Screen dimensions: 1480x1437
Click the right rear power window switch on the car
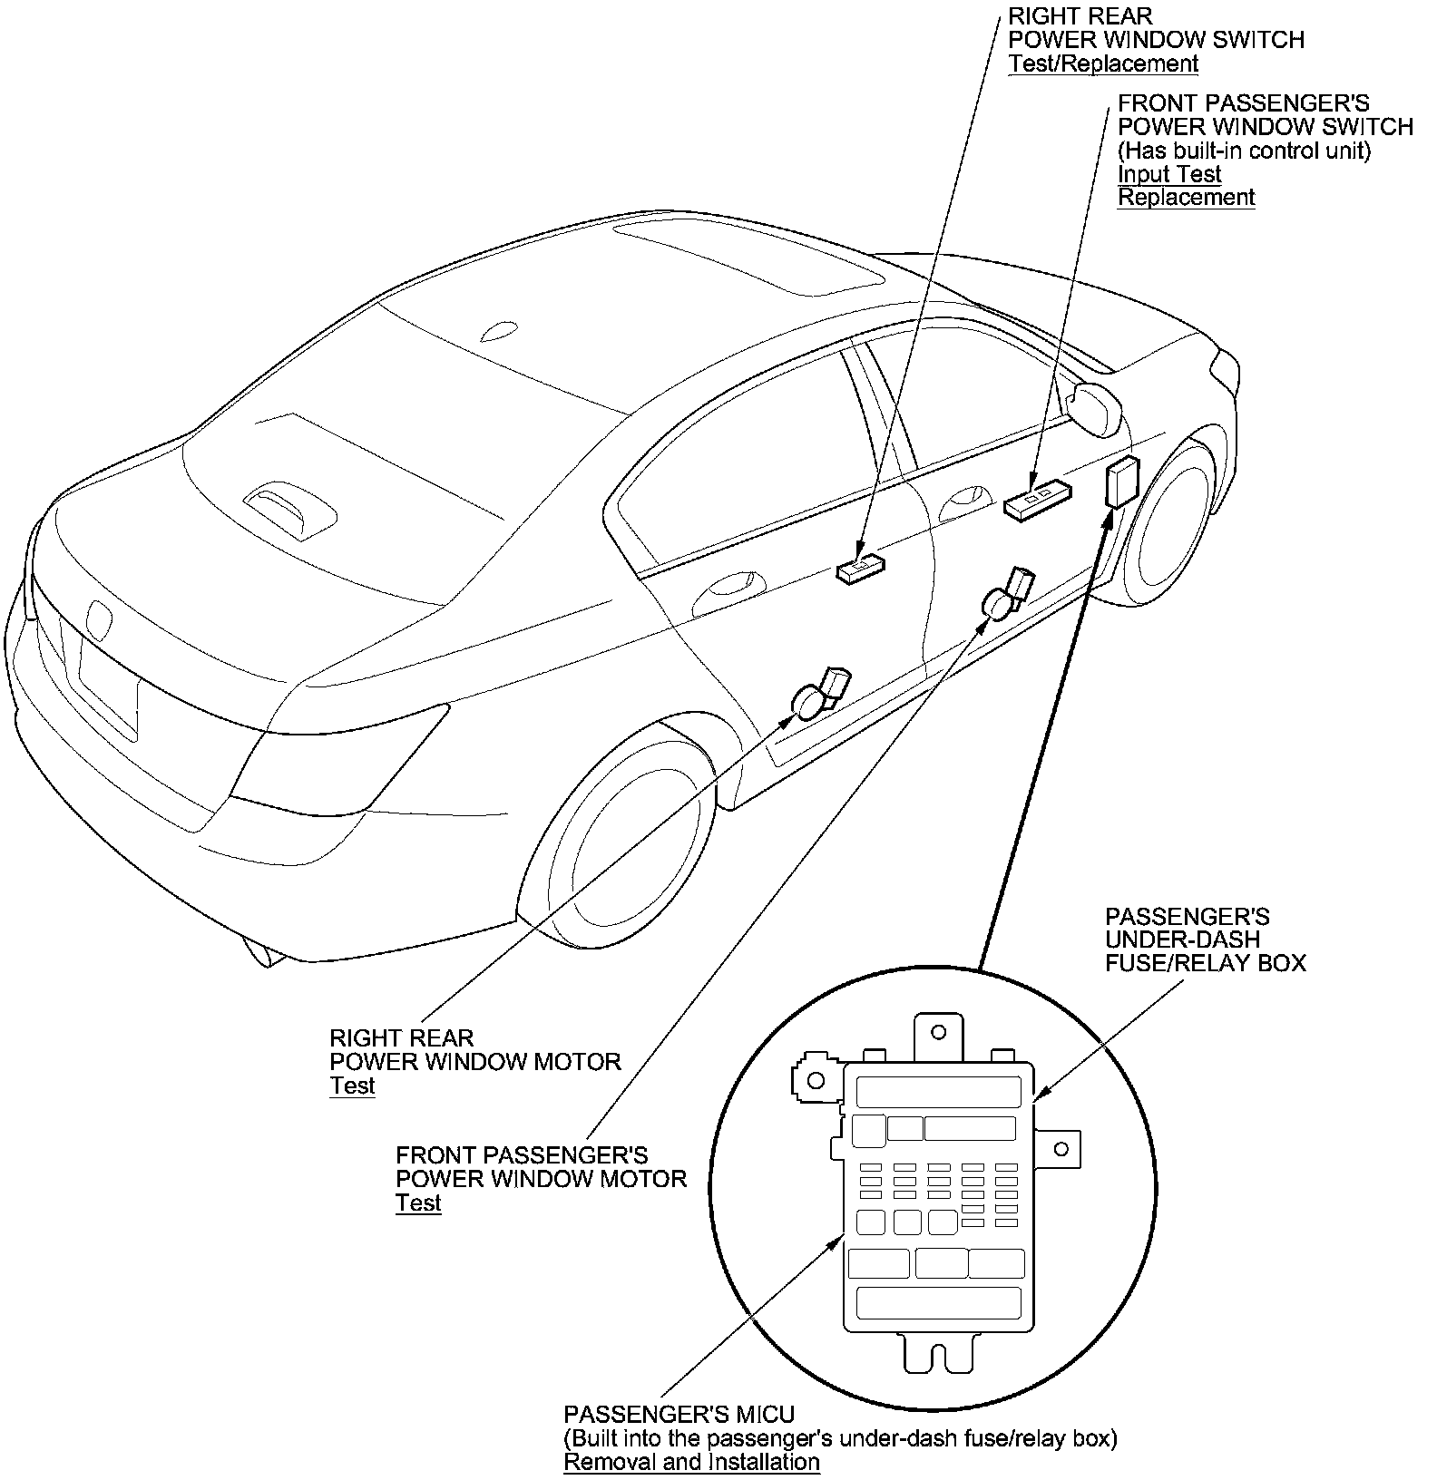860,569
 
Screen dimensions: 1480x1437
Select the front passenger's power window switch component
1038,498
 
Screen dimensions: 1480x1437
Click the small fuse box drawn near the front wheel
1122,482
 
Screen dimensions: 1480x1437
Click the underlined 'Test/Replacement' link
1103,63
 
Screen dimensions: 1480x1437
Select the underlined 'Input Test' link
1169,174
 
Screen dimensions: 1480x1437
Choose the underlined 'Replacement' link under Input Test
1186,198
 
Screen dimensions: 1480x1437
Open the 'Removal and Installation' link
691,1462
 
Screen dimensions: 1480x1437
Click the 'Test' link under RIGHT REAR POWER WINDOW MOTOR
352,1086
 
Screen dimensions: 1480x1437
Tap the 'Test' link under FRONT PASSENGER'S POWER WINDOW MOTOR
418,1203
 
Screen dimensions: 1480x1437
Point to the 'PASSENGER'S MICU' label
679,1415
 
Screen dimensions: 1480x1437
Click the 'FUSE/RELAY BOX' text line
1205,963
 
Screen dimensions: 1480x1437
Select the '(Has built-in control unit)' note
1244,151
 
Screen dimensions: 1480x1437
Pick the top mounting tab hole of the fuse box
939,1032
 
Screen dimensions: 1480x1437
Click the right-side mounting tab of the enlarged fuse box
1060,1149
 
